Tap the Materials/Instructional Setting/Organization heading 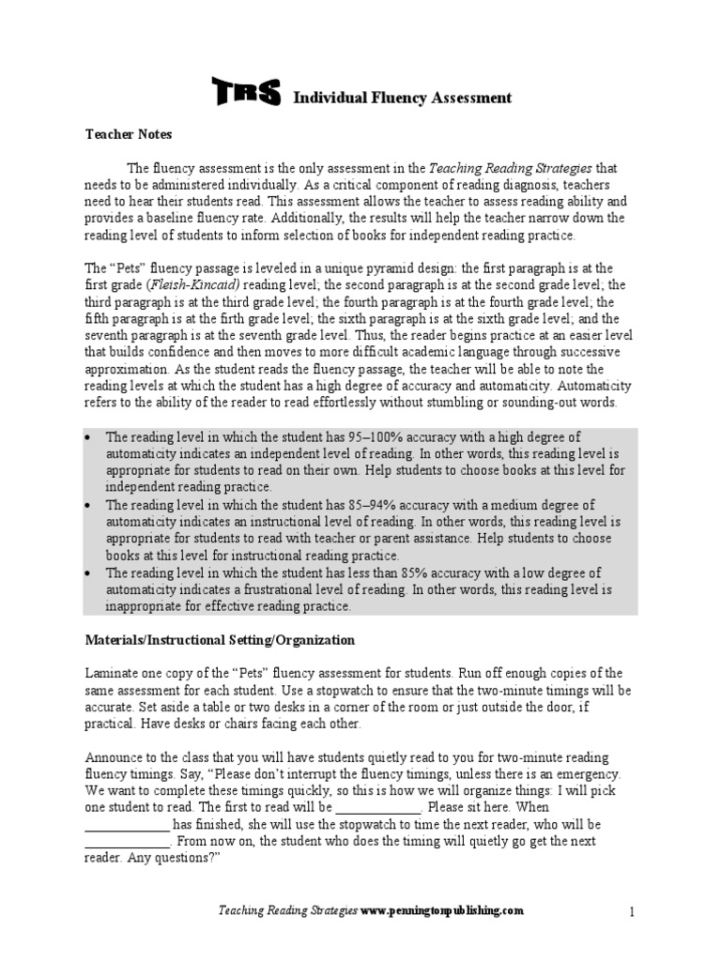221,640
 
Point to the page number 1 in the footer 633,911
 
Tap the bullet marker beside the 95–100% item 89,437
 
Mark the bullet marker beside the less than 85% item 89,572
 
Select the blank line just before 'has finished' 128,824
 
